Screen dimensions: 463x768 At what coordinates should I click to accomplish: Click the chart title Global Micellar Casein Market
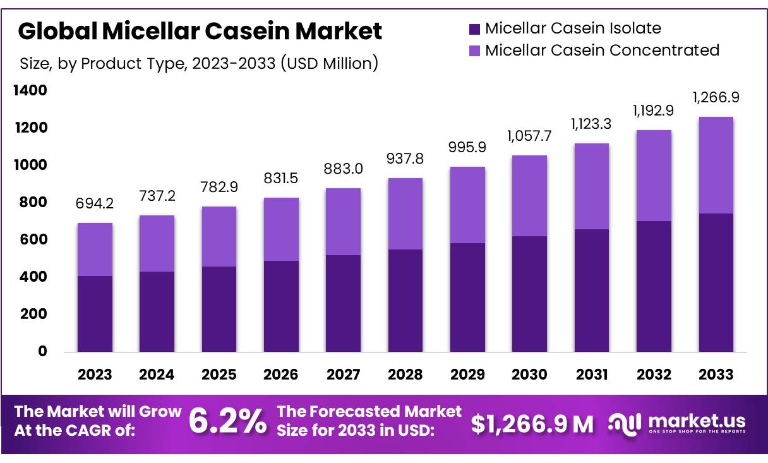(x=200, y=31)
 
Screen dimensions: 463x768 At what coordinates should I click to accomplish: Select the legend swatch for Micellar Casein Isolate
(x=474, y=28)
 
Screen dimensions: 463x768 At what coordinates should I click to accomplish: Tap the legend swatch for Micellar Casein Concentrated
(x=474, y=51)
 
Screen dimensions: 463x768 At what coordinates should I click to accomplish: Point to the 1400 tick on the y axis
(x=30, y=91)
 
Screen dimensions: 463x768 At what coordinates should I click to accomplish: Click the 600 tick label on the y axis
(x=35, y=240)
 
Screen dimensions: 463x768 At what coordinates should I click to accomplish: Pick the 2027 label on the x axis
(x=343, y=375)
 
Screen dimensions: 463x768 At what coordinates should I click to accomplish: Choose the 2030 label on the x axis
(x=529, y=375)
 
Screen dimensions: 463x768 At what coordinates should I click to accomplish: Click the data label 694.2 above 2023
(x=95, y=203)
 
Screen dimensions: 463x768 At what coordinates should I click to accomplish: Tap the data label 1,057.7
(x=529, y=135)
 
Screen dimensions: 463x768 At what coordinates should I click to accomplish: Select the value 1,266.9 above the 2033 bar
(x=716, y=97)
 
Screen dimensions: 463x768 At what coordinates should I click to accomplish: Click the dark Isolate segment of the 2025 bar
(x=219, y=309)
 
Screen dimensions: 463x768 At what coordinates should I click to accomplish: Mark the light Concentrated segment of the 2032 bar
(x=654, y=176)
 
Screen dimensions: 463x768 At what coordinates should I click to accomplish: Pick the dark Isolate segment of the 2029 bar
(x=467, y=297)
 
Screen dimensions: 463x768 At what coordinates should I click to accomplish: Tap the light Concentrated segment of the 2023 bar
(x=95, y=250)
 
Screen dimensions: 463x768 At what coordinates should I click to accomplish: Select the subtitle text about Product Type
(x=199, y=63)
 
